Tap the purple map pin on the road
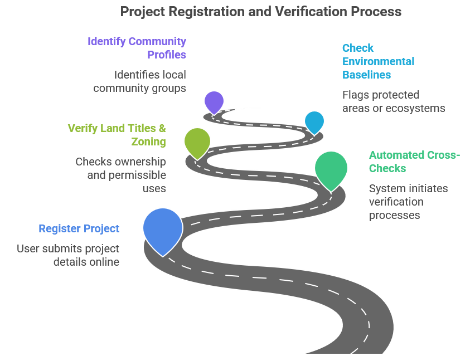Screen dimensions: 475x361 click(214, 103)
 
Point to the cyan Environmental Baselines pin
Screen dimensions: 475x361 click(314, 122)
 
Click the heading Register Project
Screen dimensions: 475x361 click(79, 228)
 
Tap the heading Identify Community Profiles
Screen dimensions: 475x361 click(137, 48)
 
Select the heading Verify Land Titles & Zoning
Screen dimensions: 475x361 click(117, 135)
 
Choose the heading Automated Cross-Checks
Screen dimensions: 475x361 click(414, 162)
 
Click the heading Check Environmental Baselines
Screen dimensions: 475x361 click(379, 61)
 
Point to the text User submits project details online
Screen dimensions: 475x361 click(68, 255)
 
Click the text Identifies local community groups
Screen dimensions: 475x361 click(139, 81)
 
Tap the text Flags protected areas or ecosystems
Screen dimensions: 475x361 click(394, 101)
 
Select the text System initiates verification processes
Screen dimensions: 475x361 click(408, 202)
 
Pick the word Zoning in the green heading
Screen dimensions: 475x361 click(148, 142)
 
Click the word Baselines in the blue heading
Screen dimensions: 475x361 click(366, 75)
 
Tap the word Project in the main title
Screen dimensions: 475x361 click(143, 12)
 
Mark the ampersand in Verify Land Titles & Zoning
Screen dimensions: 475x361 click(162, 128)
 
